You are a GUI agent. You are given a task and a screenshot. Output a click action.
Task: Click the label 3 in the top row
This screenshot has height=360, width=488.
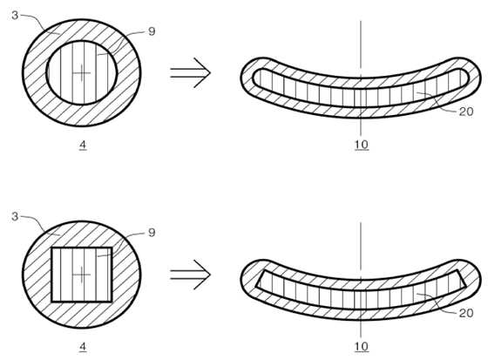(x=15, y=15)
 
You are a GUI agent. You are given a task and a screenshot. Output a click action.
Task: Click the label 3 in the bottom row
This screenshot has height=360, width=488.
(x=15, y=216)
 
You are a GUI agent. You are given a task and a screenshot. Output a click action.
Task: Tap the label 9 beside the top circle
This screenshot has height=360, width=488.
(x=152, y=31)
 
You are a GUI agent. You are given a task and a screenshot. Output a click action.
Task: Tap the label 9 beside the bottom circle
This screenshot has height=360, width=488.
(x=152, y=233)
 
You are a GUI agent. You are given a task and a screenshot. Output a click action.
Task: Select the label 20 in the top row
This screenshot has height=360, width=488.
(x=466, y=112)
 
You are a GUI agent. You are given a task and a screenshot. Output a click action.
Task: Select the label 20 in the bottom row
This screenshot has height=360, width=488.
(x=466, y=313)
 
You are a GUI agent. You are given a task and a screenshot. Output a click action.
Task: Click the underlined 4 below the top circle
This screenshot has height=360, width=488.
(x=83, y=145)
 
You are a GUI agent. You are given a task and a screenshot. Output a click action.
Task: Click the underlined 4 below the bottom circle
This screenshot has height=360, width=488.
(x=83, y=347)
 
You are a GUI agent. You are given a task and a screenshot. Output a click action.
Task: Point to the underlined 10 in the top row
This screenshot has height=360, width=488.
(x=362, y=145)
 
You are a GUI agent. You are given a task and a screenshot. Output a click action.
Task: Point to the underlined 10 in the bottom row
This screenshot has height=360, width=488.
(x=362, y=346)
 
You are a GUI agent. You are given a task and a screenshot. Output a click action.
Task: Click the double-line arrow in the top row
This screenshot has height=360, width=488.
(x=191, y=73)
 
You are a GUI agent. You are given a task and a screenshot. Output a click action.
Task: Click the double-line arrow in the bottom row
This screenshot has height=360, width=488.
(x=191, y=275)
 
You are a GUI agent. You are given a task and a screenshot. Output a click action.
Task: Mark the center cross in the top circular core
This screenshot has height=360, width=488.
(x=82, y=73)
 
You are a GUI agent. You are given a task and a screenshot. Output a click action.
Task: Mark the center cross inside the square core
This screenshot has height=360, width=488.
(x=82, y=275)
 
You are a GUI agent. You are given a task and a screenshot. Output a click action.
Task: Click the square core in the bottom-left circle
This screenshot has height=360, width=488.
(x=82, y=275)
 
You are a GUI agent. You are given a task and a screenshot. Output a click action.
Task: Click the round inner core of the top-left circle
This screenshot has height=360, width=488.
(x=82, y=72)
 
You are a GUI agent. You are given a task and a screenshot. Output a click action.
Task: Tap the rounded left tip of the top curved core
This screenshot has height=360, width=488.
(x=253, y=78)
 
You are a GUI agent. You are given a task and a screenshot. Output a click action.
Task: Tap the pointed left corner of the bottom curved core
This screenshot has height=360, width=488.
(x=256, y=286)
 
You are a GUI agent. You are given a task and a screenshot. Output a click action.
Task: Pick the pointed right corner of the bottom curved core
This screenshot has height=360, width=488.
(x=466, y=286)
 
